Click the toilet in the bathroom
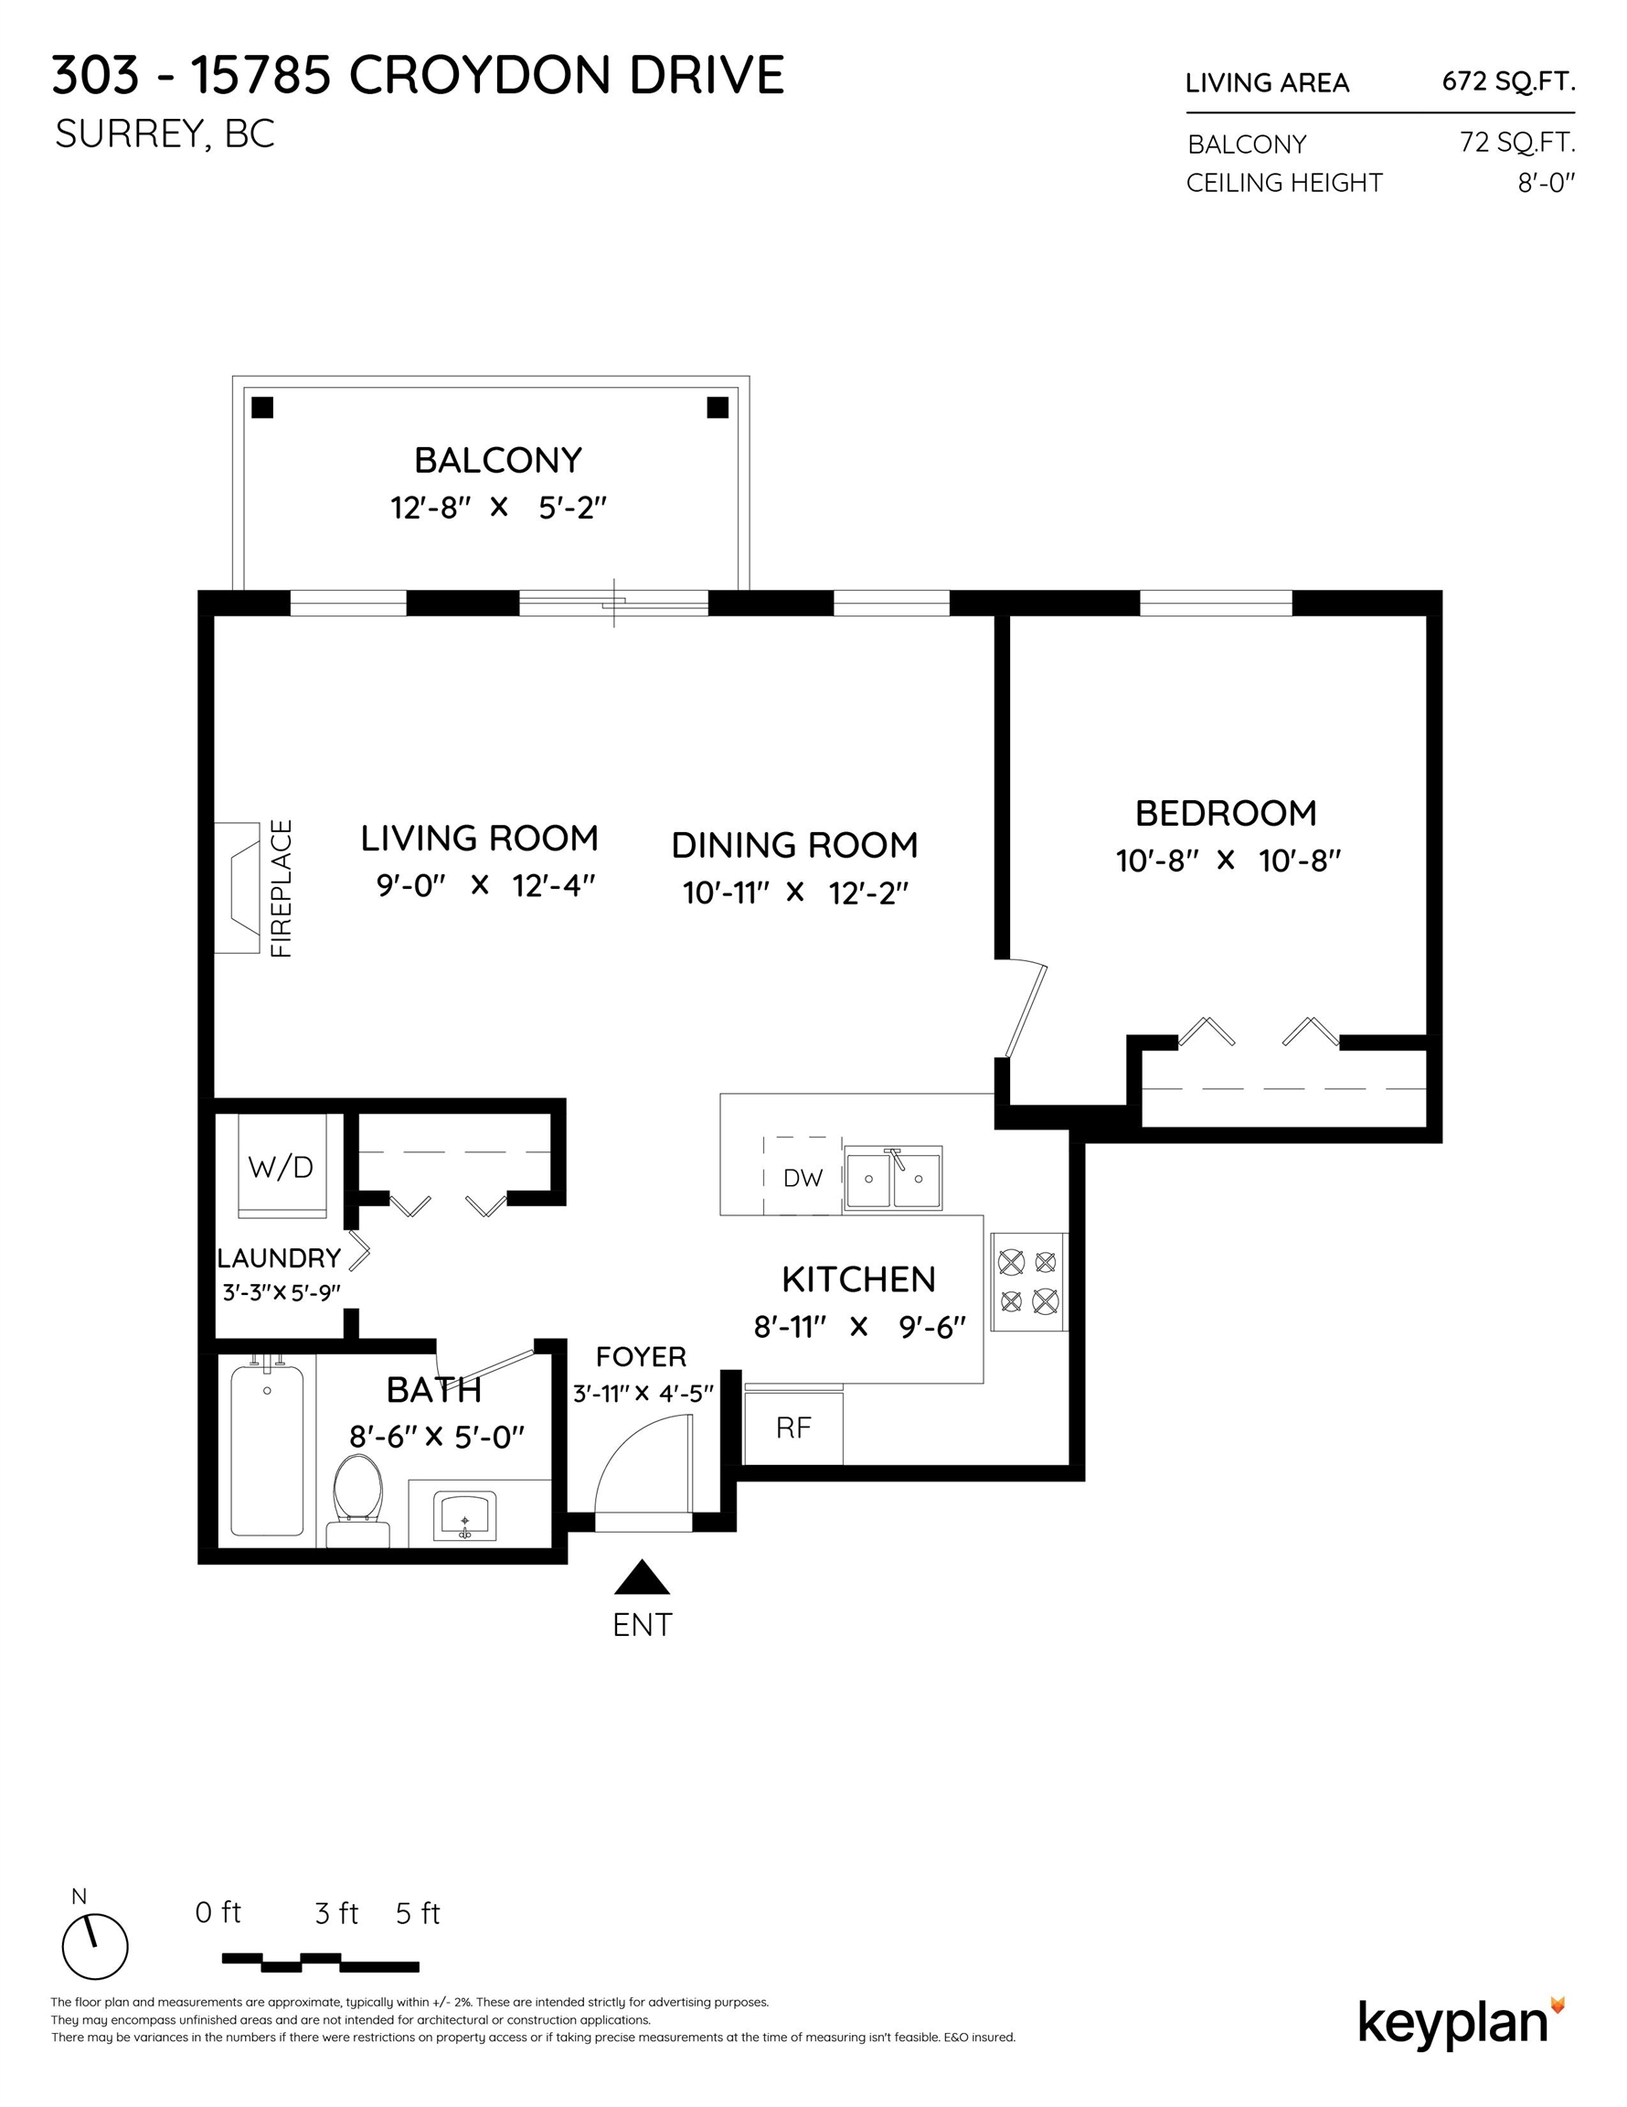pos(356,1500)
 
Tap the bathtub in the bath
pos(267,1445)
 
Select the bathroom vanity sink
pos(465,1516)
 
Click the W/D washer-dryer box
pos(282,1166)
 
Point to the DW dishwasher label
pos(803,1177)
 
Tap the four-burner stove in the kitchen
pos(1028,1281)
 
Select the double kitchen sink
pos(893,1177)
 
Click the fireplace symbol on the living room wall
pos(238,888)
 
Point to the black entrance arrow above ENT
pos(643,1578)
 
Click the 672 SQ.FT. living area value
pos(1508,82)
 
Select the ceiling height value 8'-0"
pos(1546,182)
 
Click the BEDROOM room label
pos(1226,813)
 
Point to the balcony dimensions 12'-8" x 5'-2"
pos(499,508)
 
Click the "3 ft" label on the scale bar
pos(336,1913)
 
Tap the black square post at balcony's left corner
pos(262,407)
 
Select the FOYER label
pos(642,1356)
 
